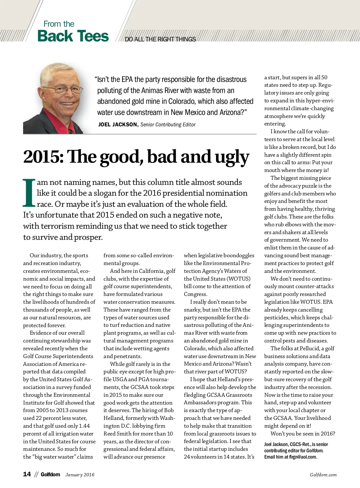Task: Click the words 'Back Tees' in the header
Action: coord(73,36)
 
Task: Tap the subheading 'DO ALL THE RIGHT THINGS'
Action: coord(160,39)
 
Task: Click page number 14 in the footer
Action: coord(27,474)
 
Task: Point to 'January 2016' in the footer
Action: coord(80,475)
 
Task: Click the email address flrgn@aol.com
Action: coord(302,457)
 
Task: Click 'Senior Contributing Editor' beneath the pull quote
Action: coord(168,125)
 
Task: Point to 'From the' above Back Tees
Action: coord(59,24)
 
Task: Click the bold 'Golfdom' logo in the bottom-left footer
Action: coord(50,474)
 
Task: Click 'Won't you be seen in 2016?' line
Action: coord(303,434)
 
